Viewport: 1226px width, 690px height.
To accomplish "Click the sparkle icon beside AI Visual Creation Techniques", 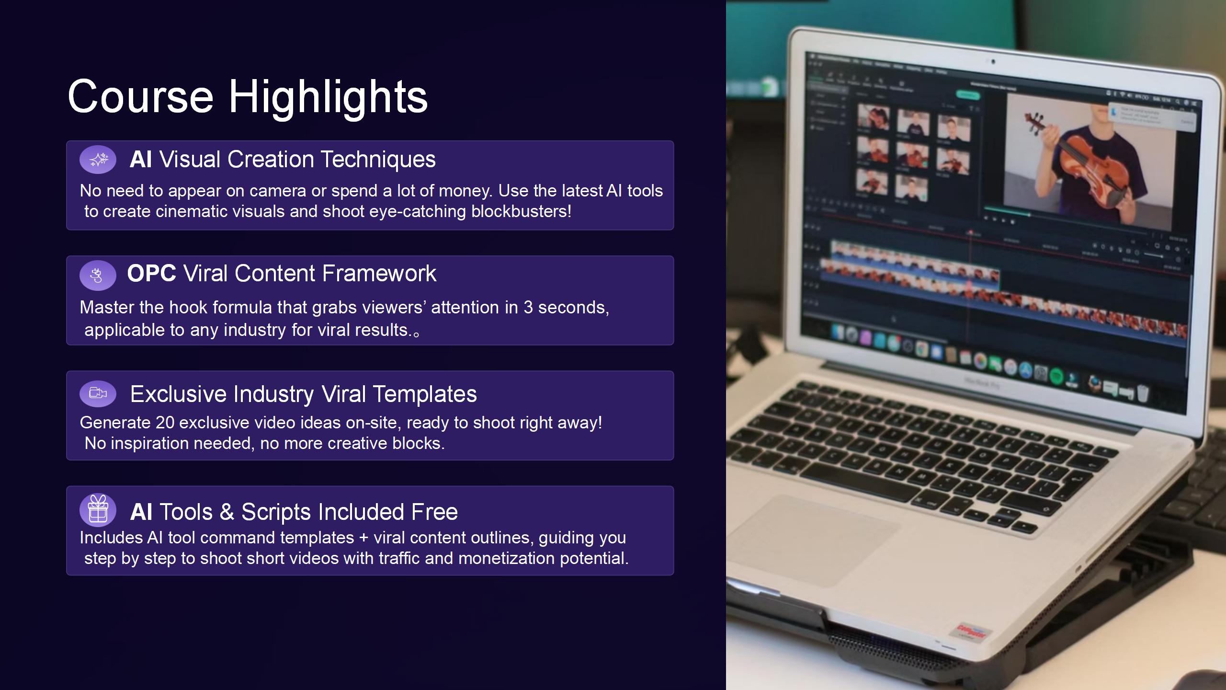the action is (x=98, y=160).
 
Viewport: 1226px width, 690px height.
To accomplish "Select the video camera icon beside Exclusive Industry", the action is (x=98, y=393).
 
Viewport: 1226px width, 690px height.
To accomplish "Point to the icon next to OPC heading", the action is (x=97, y=275).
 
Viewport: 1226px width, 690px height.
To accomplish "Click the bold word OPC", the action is (x=152, y=273).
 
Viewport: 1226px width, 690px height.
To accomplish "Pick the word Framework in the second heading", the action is (x=379, y=273).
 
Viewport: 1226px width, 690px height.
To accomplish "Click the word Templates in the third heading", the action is (x=425, y=394).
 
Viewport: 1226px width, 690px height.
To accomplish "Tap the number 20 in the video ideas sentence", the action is (x=165, y=423).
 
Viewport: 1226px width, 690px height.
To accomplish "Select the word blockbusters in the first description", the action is (x=521, y=211).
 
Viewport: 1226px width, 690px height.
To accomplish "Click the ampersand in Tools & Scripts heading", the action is (x=227, y=512).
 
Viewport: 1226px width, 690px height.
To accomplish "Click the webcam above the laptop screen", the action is (x=993, y=62).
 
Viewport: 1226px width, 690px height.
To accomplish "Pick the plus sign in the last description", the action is (x=363, y=538).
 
